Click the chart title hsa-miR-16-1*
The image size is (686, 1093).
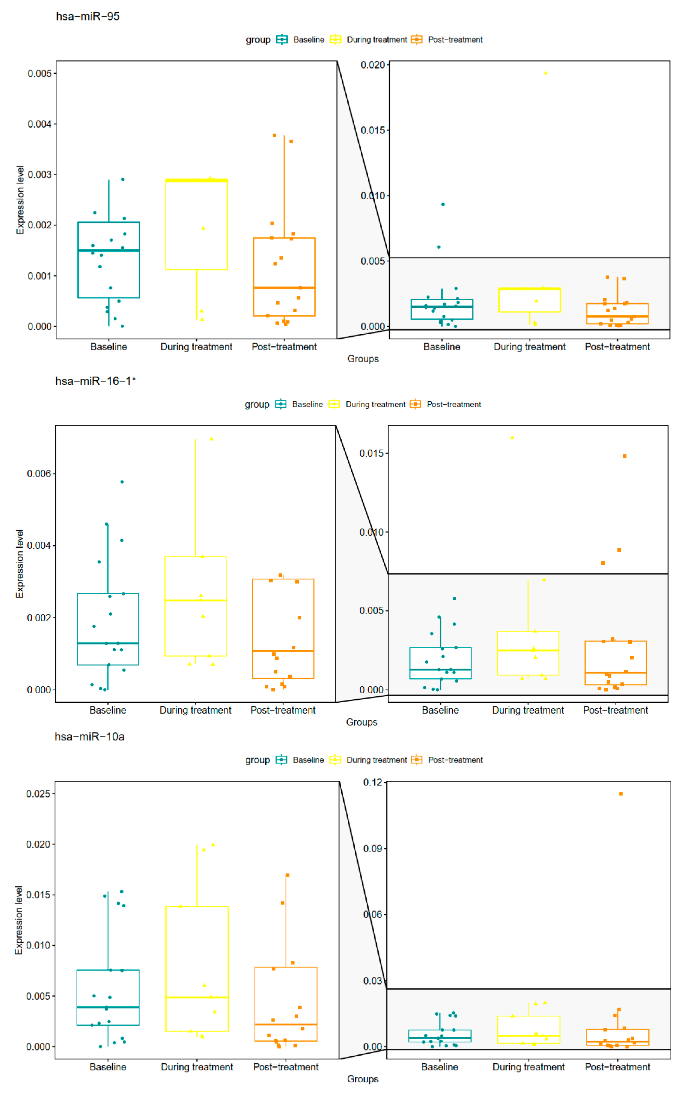coord(95,381)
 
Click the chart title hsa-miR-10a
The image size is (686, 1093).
coord(89,737)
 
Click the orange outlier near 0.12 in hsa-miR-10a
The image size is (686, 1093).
coord(621,794)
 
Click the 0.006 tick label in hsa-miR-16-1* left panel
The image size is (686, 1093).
coord(39,474)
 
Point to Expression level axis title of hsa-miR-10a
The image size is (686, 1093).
coord(19,921)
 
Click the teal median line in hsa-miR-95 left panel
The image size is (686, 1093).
coord(109,250)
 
